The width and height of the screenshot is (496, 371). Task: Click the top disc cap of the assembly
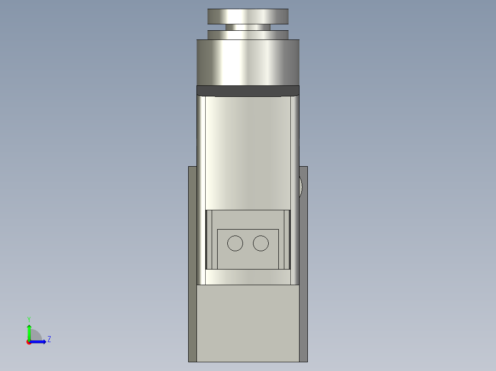point(248,16)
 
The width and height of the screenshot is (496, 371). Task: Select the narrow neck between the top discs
point(248,27)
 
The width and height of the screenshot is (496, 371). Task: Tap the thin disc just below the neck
point(248,35)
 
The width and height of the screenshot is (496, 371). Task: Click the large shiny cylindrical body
point(248,62)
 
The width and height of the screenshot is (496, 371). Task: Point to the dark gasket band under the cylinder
point(248,91)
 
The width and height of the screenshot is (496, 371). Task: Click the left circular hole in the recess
point(235,243)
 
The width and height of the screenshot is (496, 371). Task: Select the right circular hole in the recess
point(261,243)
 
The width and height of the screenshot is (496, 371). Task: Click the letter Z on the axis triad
point(49,340)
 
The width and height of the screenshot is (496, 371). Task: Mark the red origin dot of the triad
point(29,342)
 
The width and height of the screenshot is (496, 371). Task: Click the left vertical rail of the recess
point(209,239)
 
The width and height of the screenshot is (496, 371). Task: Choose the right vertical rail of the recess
point(287,239)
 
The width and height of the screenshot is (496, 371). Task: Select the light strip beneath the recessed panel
point(248,277)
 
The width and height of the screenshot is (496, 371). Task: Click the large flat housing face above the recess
point(248,152)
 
